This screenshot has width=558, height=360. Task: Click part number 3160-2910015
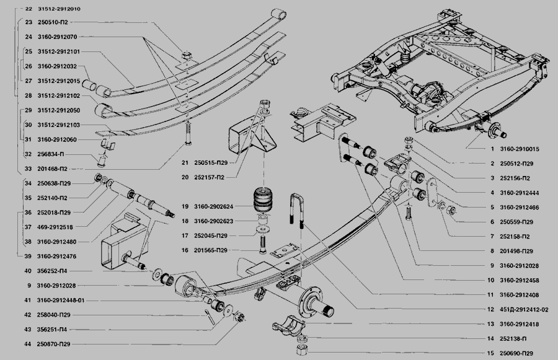pos(519,149)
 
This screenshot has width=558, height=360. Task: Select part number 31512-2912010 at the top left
pos(59,9)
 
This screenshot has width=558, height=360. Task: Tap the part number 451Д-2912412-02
pos(524,309)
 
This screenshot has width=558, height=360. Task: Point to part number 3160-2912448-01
pos(61,301)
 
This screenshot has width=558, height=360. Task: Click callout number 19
pos(185,206)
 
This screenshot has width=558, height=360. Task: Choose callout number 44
pos(28,344)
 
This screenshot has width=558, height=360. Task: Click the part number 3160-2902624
pos(213,206)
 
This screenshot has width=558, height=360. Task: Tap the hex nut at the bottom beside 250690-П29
pos(302,349)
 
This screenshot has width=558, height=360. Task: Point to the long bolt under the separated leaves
pos(188,133)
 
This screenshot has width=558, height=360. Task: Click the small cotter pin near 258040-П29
pos(209,317)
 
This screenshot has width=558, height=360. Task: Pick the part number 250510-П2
pos(53,22)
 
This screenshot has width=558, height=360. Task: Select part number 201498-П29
pos(516,251)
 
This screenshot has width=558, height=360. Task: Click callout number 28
pos(29,95)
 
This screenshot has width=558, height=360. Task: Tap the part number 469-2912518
pos(55,227)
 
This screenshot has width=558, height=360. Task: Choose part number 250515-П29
pos(211,162)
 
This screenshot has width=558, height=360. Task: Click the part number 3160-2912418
pos(519,324)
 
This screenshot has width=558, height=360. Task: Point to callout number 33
pos(28,169)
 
